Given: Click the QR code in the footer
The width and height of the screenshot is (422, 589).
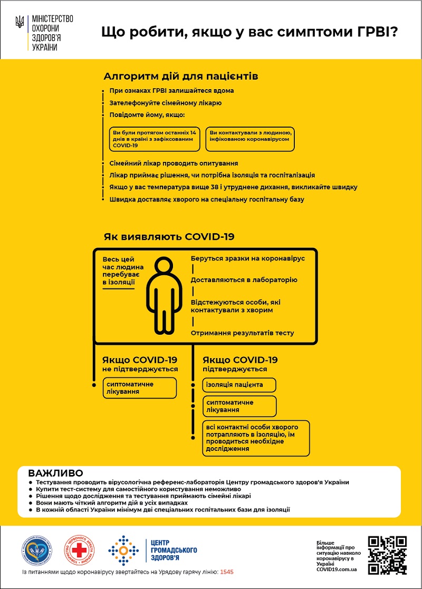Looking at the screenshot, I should click(x=387, y=555).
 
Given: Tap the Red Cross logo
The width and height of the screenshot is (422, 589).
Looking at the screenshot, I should click(x=79, y=551).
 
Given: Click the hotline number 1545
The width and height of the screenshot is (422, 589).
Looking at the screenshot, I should click(x=227, y=572).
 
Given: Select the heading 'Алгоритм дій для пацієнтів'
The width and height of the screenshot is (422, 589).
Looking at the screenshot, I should click(x=181, y=76).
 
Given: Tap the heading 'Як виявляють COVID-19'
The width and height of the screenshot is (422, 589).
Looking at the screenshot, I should click(x=169, y=237).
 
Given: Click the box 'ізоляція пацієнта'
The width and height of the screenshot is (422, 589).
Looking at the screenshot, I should click(x=239, y=385).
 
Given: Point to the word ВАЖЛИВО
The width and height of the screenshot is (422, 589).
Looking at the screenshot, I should click(x=55, y=473).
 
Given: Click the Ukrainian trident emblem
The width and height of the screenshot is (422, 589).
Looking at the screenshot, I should click(x=20, y=22).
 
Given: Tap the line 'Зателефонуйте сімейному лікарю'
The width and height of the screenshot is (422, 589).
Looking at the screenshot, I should click(x=165, y=103).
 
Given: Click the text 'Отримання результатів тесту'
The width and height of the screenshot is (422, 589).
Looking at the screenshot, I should click(x=242, y=333).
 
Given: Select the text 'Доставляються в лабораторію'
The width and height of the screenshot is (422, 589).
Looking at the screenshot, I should click(x=244, y=280).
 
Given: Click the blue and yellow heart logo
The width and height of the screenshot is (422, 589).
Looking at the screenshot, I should click(x=36, y=551).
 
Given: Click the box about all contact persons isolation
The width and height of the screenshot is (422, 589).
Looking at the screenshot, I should click(x=256, y=438).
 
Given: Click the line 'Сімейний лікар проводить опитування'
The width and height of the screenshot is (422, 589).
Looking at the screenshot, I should click(x=174, y=163).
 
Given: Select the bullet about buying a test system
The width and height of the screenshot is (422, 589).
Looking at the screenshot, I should click(x=137, y=489).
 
